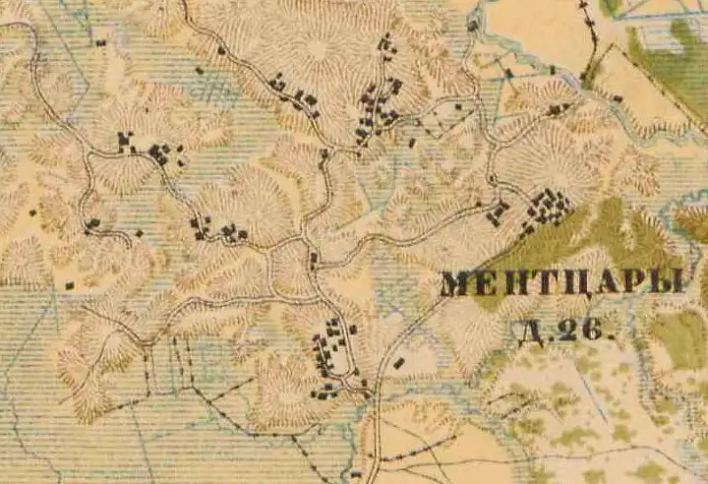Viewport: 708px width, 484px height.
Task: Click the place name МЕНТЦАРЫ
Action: [x=561, y=283]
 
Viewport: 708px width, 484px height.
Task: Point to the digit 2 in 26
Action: [x=565, y=331]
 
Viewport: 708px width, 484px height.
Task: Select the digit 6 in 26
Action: [x=590, y=331]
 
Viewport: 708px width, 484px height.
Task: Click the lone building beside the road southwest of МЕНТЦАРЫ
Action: [x=398, y=363]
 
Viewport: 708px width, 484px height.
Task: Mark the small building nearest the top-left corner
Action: [x=101, y=42]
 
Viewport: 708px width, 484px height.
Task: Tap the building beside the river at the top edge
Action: [x=473, y=25]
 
